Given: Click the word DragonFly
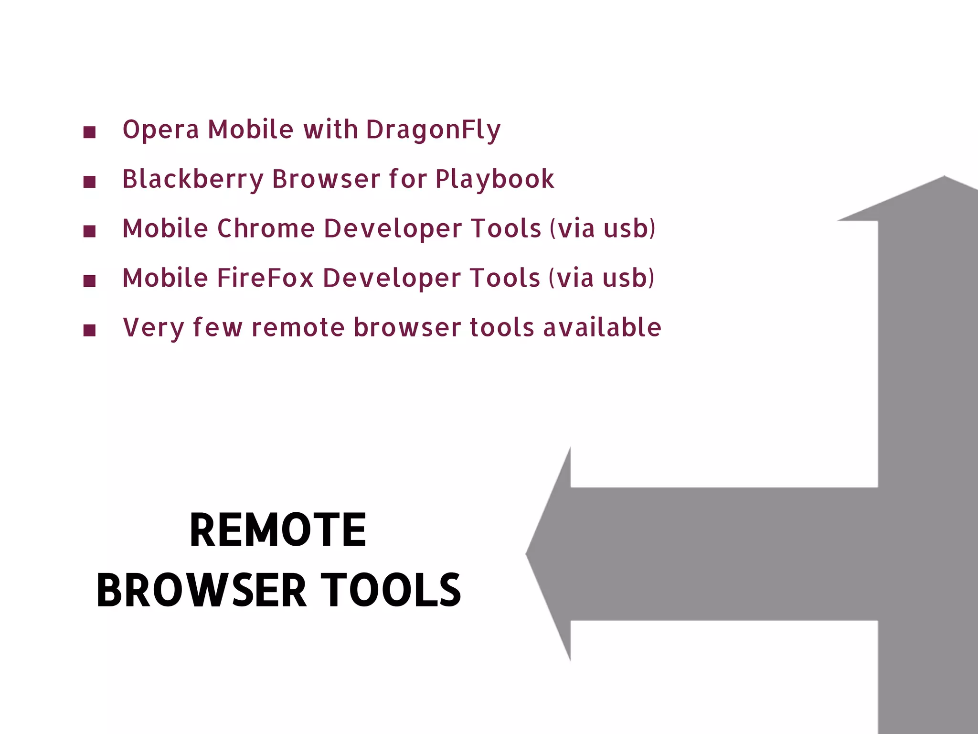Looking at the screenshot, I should point(433,130).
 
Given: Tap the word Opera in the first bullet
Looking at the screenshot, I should point(160,130).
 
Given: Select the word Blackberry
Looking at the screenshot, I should point(192,179).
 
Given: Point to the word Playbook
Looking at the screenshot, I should point(494,179).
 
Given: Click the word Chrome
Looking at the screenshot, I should point(266,228).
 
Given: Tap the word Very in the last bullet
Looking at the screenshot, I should point(153,328).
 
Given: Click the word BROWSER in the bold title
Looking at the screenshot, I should point(201,591).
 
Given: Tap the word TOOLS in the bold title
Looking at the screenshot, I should point(391,591).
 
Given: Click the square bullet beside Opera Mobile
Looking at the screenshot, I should point(89,132).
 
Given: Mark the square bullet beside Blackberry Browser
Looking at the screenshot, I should point(89,182).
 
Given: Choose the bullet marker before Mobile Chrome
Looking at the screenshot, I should point(89,231).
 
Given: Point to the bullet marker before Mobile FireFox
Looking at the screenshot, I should point(89,281).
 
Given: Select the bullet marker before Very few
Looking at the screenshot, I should point(89,330).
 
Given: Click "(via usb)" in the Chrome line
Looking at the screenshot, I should point(603,228).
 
